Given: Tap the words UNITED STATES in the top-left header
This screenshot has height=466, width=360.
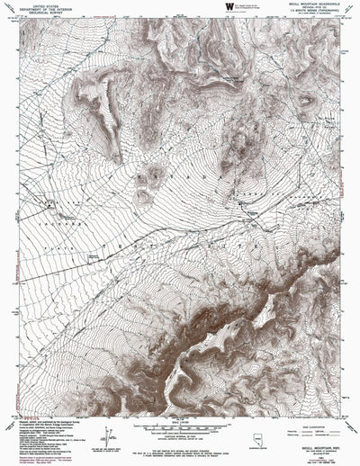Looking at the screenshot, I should (x=40, y=4).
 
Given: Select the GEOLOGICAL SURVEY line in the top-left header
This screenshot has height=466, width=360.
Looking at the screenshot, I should (x=40, y=13).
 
